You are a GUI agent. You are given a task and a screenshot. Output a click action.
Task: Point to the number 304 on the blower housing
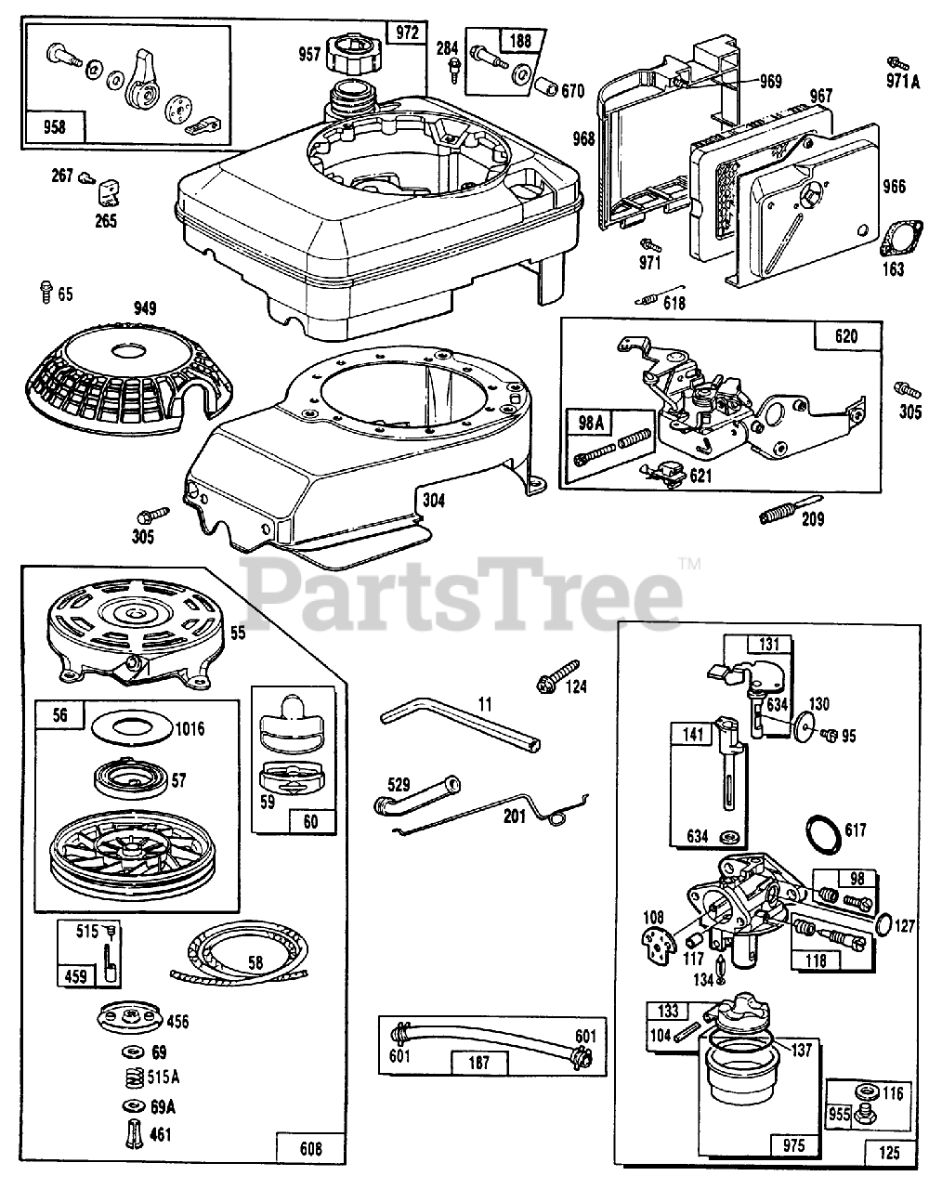coord(433,501)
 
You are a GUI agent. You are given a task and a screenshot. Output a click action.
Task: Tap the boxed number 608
coord(311,1149)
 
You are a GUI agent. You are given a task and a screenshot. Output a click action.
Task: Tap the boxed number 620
coord(846,336)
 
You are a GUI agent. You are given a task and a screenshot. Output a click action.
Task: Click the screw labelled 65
coord(44,293)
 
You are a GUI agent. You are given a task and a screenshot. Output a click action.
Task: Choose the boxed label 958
coord(55,126)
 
